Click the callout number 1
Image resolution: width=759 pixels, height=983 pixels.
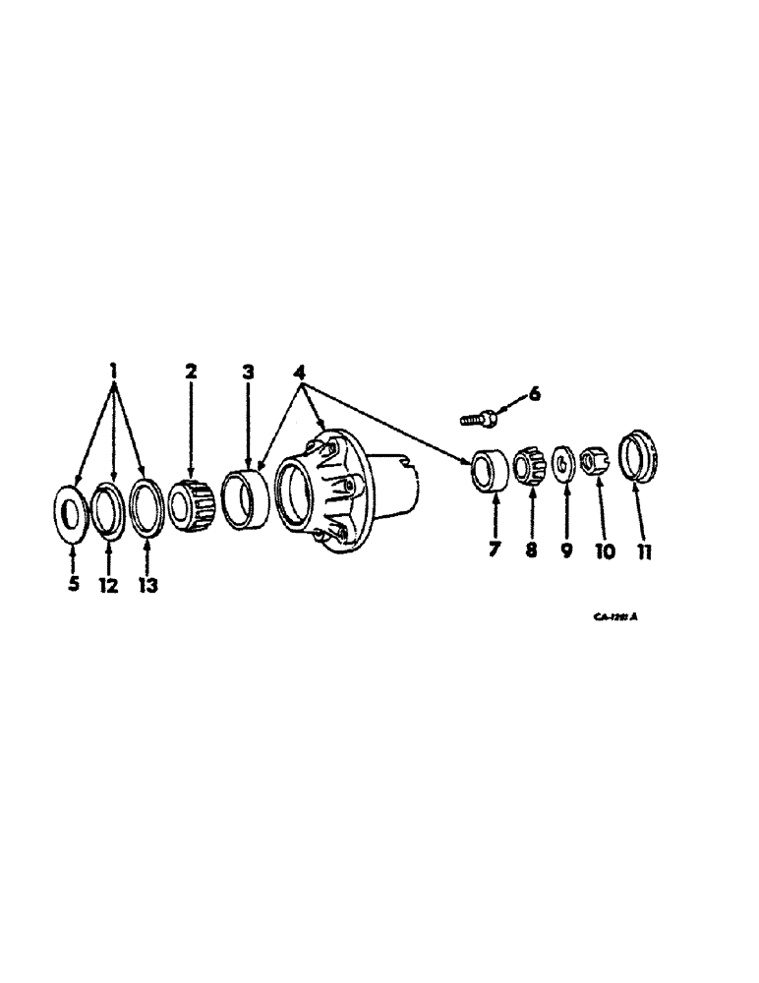(115, 372)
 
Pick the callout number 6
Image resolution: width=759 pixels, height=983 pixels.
(535, 395)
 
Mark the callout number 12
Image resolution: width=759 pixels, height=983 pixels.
(108, 586)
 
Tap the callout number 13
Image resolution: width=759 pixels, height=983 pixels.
(147, 586)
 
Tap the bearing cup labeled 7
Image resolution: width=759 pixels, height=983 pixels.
(490, 468)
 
